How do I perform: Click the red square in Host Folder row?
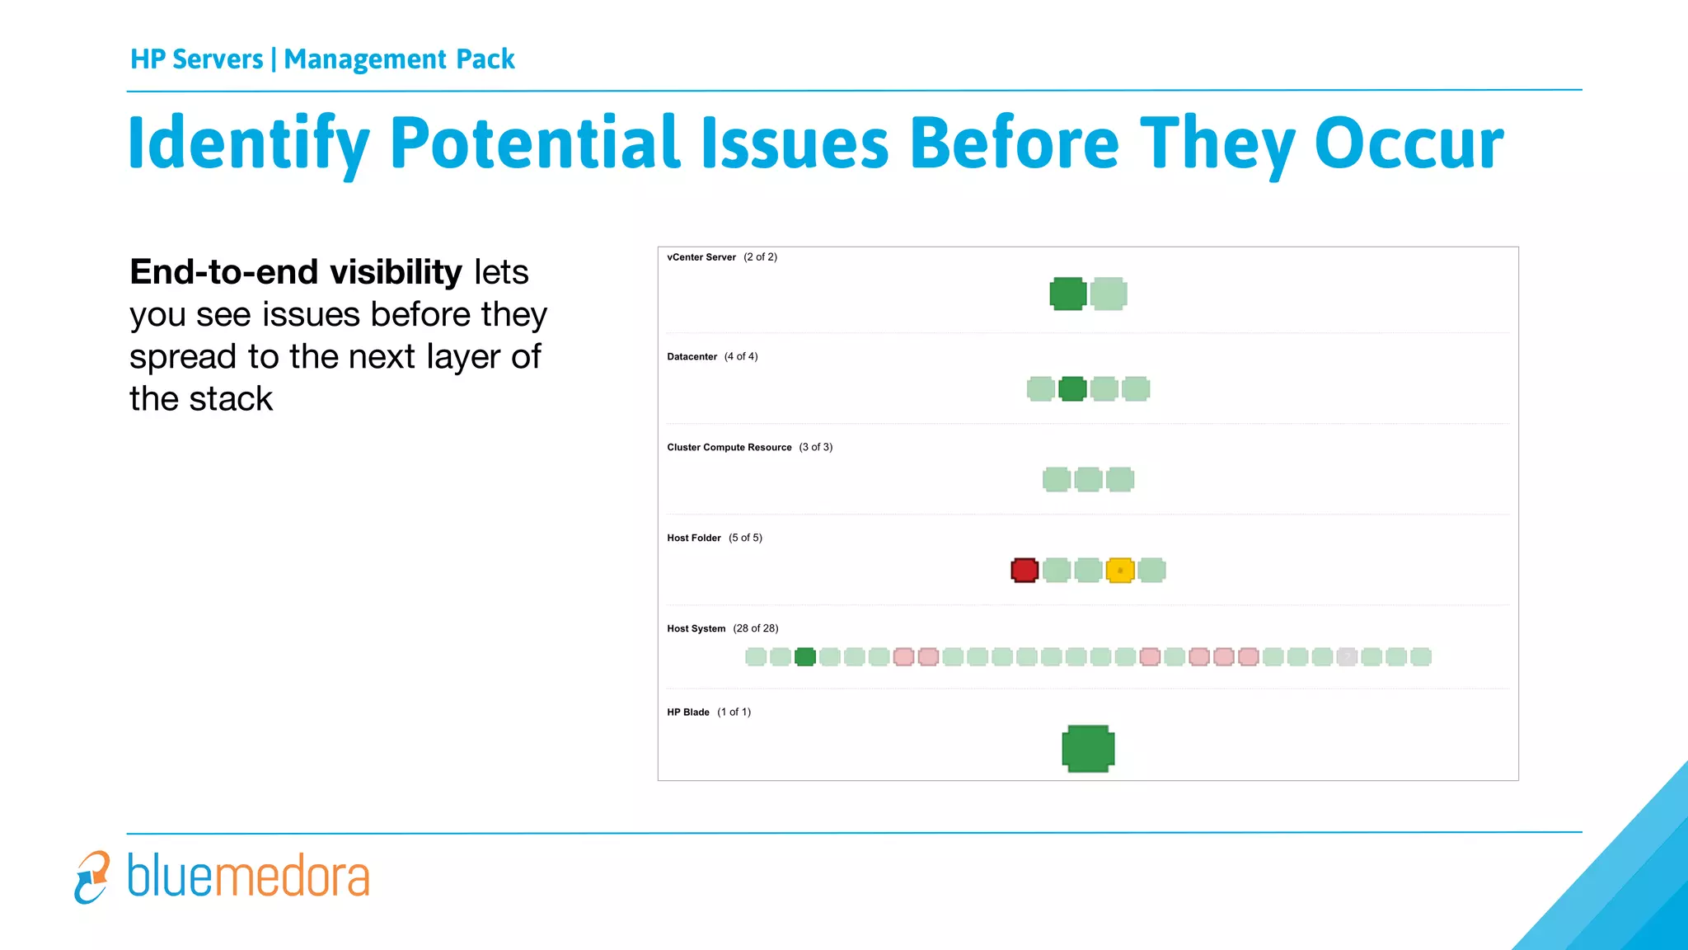click(x=1025, y=570)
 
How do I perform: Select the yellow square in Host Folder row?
click(x=1120, y=570)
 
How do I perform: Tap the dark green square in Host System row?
click(x=805, y=656)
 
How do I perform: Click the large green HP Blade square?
click(x=1088, y=749)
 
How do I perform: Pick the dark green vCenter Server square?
click(x=1067, y=294)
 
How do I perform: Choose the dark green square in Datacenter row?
click(x=1072, y=388)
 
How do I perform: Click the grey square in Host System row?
click(x=1347, y=656)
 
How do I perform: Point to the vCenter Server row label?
click(x=701, y=257)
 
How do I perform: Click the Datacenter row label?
click(x=692, y=357)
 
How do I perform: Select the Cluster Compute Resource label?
click(x=729, y=448)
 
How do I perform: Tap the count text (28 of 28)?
click(x=756, y=628)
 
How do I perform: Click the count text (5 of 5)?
click(x=745, y=538)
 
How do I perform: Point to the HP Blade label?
click(x=688, y=712)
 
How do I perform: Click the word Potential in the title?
click(x=536, y=143)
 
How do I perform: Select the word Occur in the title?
click(x=1409, y=143)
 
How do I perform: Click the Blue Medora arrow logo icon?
click(x=91, y=877)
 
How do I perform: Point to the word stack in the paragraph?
click(x=232, y=399)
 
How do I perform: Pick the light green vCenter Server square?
click(x=1109, y=294)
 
